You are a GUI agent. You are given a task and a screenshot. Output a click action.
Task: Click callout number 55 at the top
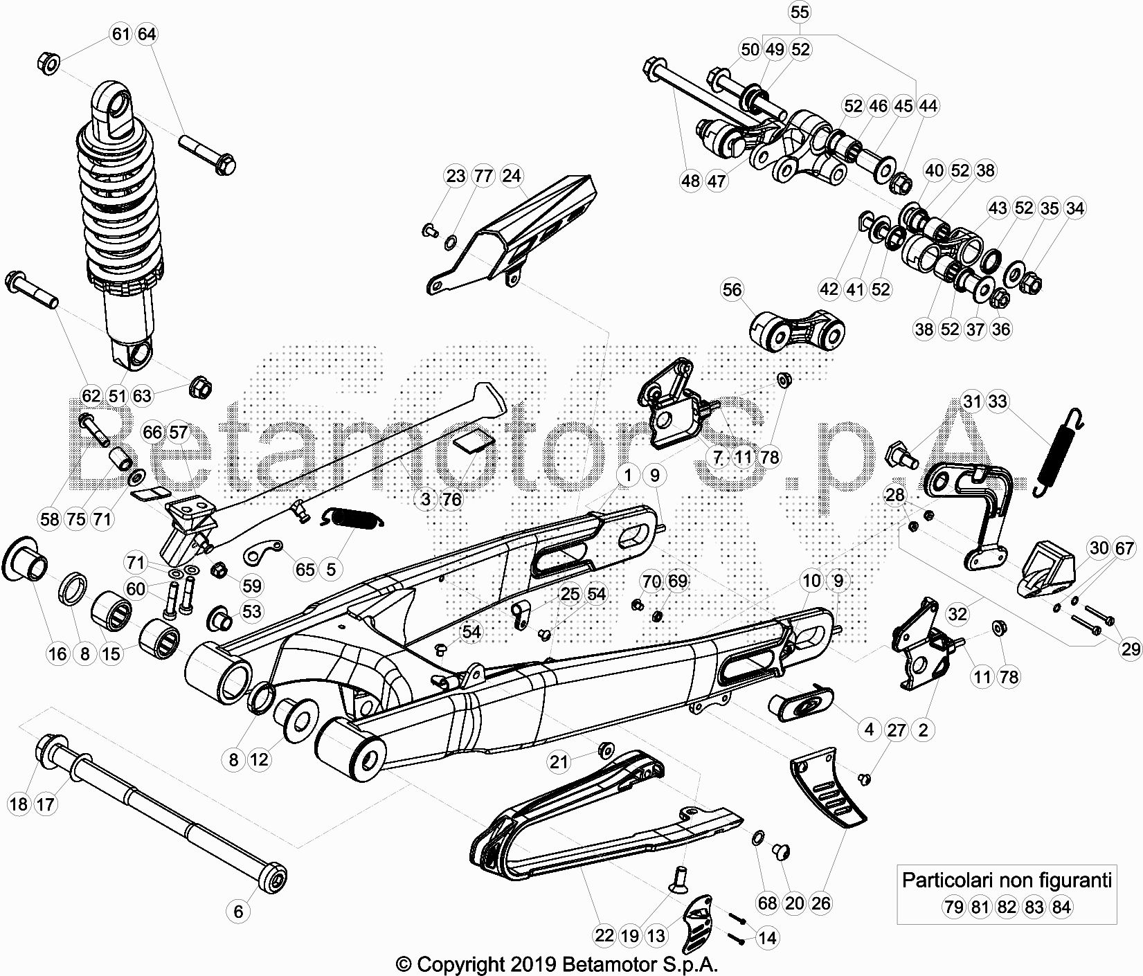click(799, 12)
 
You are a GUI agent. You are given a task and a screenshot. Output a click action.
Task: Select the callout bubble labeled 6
click(239, 911)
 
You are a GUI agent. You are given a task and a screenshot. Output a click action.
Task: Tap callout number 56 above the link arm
click(732, 290)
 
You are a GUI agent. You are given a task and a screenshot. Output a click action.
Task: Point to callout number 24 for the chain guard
click(511, 176)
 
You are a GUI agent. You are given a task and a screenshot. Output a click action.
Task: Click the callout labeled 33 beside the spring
click(998, 401)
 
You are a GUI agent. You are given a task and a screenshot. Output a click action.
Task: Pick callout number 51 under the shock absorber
click(117, 396)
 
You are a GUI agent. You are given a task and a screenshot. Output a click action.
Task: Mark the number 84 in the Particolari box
click(1060, 906)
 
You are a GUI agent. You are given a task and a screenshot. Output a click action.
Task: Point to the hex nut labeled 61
click(48, 64)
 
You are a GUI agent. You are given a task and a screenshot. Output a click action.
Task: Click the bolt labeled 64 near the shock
click(208, 155)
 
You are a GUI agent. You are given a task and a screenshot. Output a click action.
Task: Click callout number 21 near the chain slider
click(559, 762)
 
